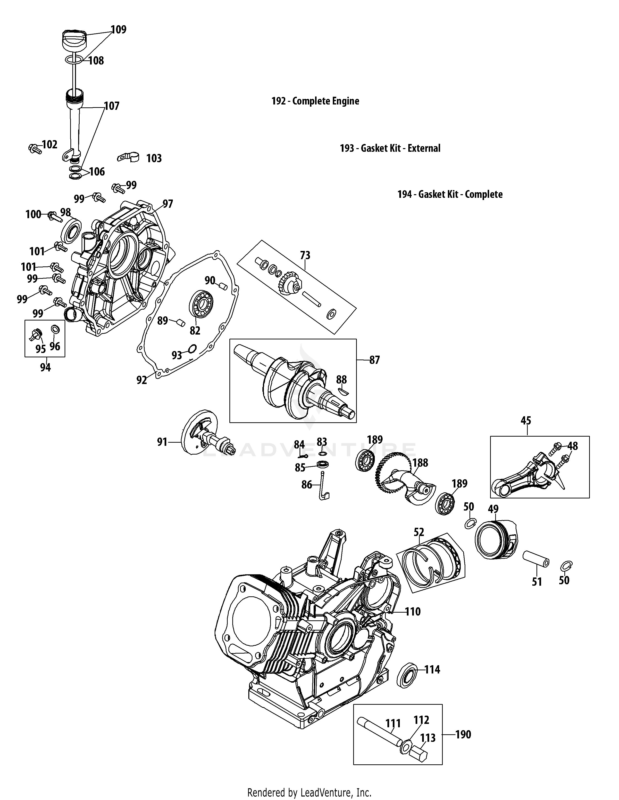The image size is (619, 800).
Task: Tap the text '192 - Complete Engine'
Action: tap(315, 101)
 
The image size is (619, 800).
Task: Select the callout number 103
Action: tap(154, 158)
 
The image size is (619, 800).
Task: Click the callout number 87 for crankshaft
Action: tap(374, 360)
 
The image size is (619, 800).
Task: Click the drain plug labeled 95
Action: tap(36, 334)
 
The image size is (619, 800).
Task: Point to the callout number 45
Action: tap(526, 421)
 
